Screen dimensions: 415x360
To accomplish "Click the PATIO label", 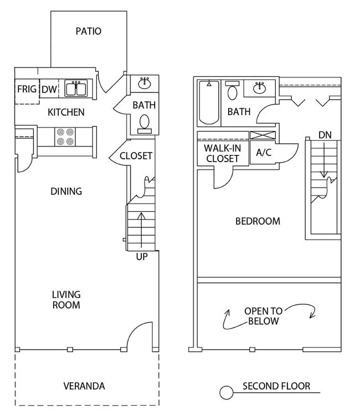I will pos(89,31).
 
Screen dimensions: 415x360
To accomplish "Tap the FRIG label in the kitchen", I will pos(27,89).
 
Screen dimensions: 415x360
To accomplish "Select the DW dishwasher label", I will pos(49,89).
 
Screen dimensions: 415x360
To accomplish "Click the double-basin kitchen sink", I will pos(76,89).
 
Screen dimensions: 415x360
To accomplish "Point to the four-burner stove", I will pos(65,137).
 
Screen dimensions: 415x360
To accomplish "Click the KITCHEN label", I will pos(66,112).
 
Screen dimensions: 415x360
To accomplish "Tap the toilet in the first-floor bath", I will pos(145,122).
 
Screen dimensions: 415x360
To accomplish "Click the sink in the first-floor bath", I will pos(145,84).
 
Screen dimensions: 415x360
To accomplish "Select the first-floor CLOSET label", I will pos(136,156).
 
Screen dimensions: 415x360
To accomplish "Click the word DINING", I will pos(66,191).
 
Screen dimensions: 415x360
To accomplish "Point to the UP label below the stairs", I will pos(142,257).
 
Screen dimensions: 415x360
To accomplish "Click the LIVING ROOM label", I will pos(66,299).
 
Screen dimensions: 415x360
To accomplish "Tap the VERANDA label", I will pos(84,386).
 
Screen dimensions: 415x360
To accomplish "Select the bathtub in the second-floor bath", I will pos(209,102).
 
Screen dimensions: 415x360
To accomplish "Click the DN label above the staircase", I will pos(325,135).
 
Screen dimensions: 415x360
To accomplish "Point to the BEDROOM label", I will pos(258,221).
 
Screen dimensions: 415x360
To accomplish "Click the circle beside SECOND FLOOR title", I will pos(227,393).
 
